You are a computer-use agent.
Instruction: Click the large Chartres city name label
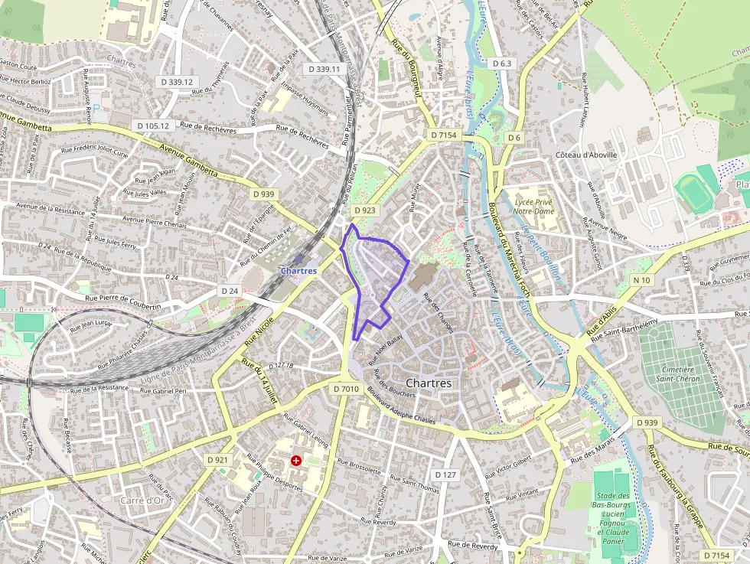(x=429, y=383)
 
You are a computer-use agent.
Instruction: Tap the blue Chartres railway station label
(x=298, y=271)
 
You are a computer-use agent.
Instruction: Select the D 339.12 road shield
(x=177, y=81)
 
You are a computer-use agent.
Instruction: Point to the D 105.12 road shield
(x=153, y=125)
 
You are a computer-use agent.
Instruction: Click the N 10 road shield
(x=642, y=280)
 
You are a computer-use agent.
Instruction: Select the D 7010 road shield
(x=346, y=389)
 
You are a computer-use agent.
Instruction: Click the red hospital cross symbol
(x=295, y=460)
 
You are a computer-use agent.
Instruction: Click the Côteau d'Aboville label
(x=586, y=155)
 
